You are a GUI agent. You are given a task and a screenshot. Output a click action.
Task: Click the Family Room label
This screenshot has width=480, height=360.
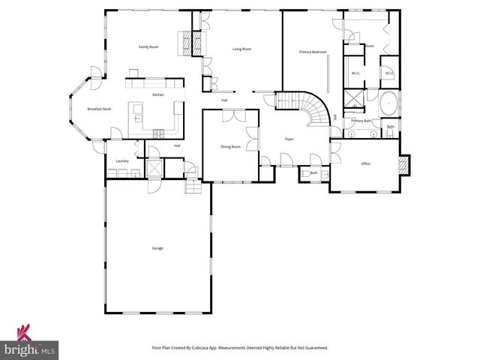click(x=148, y=47)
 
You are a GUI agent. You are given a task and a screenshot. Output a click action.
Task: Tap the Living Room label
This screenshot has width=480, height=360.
click(x=241, y=49)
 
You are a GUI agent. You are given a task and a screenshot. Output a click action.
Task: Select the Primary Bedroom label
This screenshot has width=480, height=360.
click(x=313, y=52)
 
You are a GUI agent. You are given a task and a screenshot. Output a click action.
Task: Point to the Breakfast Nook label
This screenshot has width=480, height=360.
click(x=99, y=109)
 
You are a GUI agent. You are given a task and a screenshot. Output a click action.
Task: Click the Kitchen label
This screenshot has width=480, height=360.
click(x=158, y=94)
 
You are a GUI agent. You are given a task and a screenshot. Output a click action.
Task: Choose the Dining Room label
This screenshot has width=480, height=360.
click(x=231, y=147)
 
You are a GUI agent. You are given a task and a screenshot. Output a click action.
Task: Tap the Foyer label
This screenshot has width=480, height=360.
click(x=289, y=139)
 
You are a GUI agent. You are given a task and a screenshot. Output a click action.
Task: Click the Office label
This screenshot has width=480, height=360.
click(x=366, y=163)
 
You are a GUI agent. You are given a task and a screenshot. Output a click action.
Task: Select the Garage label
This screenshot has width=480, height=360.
click(x=157, y=248)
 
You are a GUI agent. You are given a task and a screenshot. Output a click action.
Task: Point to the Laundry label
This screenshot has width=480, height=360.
click(x=122, y=161)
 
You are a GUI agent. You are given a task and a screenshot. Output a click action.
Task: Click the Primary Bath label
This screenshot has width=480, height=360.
click(x=361, y=121)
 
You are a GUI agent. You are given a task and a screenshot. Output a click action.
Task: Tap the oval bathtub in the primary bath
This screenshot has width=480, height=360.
click(x=389, y=103)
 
